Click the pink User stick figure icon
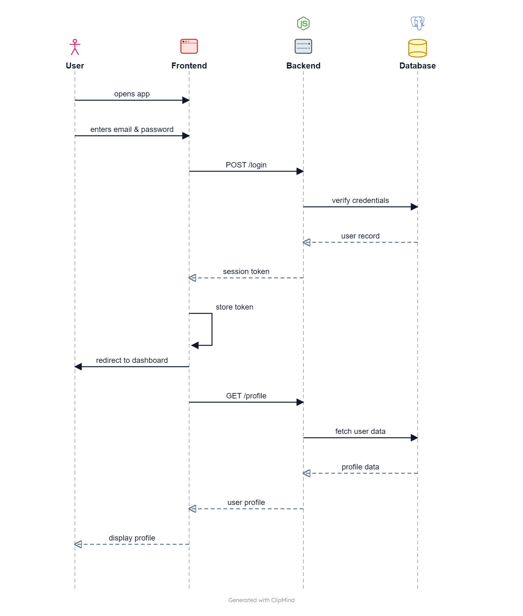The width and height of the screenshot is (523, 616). click(75, 47)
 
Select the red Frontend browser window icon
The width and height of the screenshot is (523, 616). click(189, 46)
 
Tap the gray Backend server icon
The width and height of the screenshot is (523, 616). click(303, 46)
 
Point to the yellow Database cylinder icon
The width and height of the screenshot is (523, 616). click(418, 48)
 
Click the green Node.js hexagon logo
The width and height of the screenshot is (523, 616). click(303, 23)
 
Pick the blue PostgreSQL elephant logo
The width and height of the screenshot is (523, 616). click(418, 23)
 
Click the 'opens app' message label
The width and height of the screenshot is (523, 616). click(132, 94)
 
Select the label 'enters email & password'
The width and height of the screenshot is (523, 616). click(132, 129)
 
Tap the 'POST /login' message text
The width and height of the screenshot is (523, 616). click(246, 165)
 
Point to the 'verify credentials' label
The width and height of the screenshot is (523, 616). click(361, 200)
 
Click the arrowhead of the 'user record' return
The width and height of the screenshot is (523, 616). click(307, 242)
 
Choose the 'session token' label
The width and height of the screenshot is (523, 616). click(246, 272)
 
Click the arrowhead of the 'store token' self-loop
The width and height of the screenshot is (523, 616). click(195, 345)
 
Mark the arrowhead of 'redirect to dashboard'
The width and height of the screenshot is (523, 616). click(78, 367)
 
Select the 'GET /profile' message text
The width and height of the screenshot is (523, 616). click(246, 396)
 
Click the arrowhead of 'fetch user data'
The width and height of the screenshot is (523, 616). click(414, 438)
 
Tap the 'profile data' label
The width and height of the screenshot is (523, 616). click(361, 467)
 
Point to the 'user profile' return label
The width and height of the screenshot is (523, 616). click(246, 502)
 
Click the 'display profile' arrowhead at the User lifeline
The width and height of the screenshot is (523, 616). click(78, 544)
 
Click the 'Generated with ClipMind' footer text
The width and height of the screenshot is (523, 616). click(261, 600)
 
